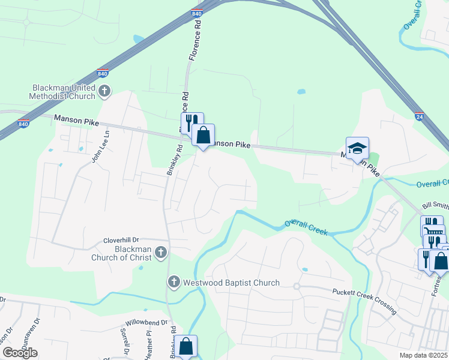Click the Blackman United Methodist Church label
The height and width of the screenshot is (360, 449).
64,92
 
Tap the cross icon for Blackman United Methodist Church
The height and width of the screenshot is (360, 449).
105,91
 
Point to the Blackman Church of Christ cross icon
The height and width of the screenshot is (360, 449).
161,253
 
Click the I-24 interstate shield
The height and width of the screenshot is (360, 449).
418,113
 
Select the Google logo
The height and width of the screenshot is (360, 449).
20,353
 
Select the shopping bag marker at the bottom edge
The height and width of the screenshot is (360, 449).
186,346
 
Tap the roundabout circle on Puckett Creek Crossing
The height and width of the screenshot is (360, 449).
297,286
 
